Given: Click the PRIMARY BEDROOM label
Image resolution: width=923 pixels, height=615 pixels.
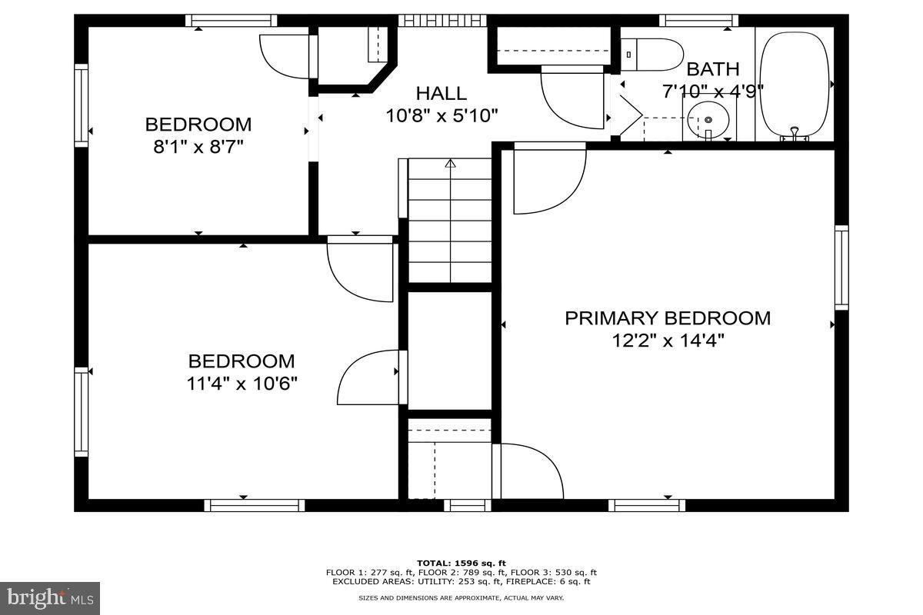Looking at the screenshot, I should [x=668, y=318].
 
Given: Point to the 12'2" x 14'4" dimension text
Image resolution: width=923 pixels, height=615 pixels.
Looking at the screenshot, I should [x=668, y=340].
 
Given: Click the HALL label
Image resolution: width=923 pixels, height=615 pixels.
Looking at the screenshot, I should [x=441, y=94].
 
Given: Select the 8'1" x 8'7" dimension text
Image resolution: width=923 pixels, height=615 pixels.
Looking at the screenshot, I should [x=198, y=146].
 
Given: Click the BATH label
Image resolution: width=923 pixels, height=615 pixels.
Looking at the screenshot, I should [x=713, y=69].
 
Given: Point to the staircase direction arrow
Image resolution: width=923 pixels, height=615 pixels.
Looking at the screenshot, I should [x=450, y=164].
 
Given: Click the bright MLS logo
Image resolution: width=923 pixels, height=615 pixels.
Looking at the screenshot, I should [x=50, y=597].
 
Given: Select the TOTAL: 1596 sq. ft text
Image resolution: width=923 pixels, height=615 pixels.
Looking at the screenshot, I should [x=461, y=563].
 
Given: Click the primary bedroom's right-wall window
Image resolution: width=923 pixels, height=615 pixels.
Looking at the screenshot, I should [x=841, y=268].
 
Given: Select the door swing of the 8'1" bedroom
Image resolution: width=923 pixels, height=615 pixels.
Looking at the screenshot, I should [x=286, y=56].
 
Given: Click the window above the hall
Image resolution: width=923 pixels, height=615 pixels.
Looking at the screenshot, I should [x=442, y=21].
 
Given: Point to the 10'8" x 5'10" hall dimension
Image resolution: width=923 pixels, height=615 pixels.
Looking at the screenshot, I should [x=442, y=116].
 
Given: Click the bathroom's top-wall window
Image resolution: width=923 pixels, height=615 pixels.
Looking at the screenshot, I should [x=698, y=21].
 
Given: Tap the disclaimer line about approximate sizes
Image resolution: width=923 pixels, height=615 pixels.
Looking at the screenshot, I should [x=461, y=597].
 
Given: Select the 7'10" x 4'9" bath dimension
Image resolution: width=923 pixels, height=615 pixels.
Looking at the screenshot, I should [x=713, y=91].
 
